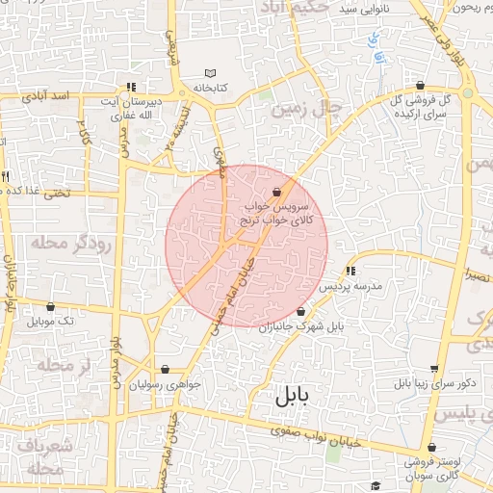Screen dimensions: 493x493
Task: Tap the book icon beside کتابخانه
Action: pos(212,73)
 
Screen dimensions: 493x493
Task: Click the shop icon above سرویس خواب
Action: pos(277,191)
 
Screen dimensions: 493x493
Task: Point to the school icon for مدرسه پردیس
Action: pos(350,271)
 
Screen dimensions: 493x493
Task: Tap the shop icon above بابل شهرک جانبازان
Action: pos(301,311)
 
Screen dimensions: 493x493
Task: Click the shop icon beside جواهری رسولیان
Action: pos(166,369)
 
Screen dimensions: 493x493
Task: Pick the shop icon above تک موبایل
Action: pos(51,306)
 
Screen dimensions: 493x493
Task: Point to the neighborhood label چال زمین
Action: pos(307,109)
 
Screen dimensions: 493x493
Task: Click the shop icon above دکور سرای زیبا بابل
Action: pos(434,369)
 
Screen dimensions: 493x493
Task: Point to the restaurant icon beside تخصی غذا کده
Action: pos(6,177)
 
